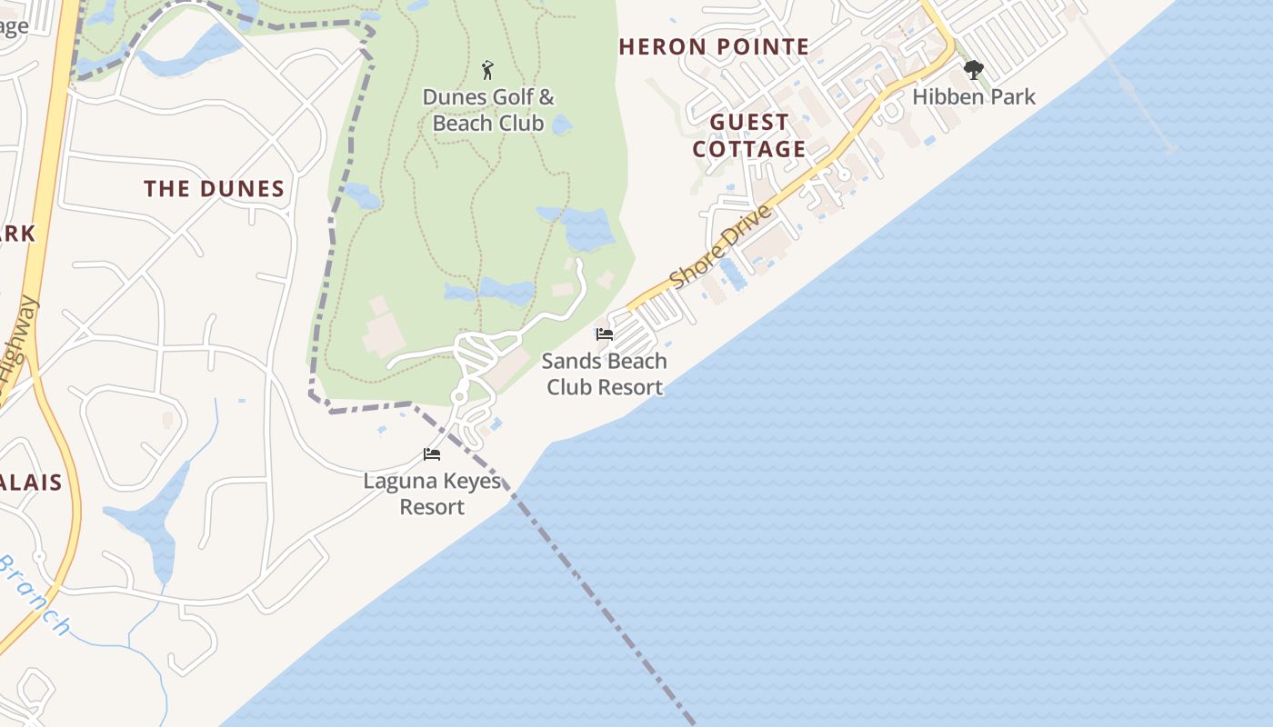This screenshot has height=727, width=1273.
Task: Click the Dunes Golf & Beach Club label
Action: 488,110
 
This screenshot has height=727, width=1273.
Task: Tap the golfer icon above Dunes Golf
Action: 487,70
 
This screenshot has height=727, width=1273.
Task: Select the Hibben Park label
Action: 974,96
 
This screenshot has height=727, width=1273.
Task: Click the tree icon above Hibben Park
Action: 974,70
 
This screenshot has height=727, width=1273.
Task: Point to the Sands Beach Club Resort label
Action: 605,373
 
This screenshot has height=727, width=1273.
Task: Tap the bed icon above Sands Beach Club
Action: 605,334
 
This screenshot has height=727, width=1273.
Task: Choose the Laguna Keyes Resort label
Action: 433,493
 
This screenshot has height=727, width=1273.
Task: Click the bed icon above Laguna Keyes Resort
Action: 432,454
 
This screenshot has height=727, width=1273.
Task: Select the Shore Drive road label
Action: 722,246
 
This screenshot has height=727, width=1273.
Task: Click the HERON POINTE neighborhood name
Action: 714,47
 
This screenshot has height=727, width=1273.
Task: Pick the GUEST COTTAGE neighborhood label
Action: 749,135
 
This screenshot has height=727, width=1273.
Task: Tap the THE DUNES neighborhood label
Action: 215,189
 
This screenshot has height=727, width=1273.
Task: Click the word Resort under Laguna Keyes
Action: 433,507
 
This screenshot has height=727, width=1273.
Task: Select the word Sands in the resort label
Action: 569,361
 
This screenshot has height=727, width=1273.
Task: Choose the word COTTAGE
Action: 749,149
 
